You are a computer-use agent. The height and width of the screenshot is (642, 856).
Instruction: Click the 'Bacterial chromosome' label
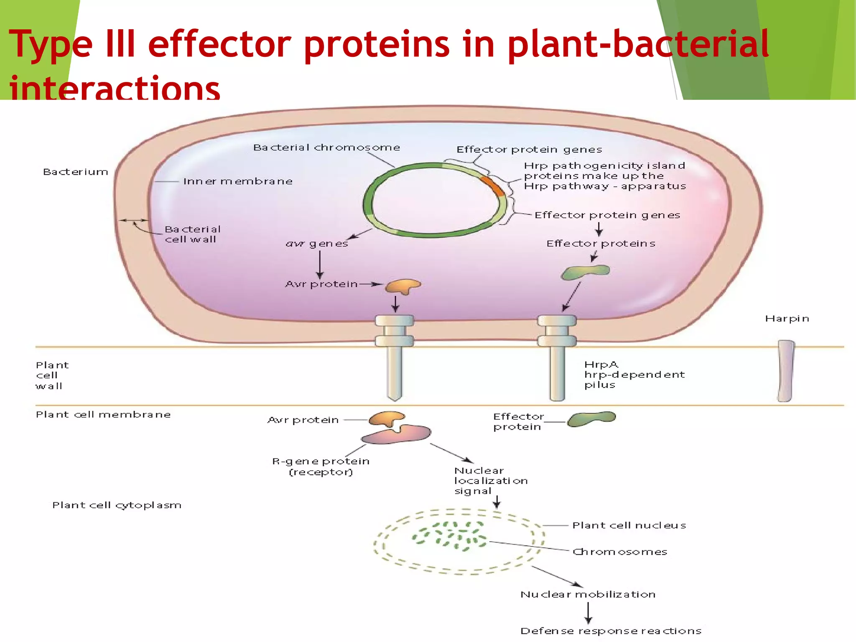(x=326, y=148)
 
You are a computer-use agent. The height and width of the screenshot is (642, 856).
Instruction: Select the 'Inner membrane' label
(x=238, y=181)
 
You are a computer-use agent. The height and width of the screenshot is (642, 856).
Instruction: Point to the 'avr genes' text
(x=317, y=243)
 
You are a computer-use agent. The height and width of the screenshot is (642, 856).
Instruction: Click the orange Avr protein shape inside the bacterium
(x=402, y=286)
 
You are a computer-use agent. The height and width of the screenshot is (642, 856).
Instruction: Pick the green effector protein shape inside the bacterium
(x=585, y=272)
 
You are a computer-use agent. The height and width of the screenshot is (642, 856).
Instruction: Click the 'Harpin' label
(x=787, y=318)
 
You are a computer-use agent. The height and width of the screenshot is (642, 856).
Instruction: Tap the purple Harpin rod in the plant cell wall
(x=785, y=371)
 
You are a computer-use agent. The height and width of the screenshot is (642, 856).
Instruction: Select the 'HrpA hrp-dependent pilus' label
(x=634, y=374)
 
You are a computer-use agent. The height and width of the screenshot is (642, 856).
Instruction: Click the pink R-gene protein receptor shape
(x=397, y=435)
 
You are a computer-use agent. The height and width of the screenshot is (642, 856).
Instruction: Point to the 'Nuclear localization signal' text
(x=491, y=481)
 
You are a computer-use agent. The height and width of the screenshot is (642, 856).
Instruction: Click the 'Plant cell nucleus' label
(x=629, y=525)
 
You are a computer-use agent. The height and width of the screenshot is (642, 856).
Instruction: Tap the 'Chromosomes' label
(x=620, y=552)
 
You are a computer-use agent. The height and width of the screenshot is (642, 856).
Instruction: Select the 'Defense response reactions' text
(x=611, y=631)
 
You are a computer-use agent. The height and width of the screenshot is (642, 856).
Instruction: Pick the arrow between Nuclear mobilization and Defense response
(x=588, y=613)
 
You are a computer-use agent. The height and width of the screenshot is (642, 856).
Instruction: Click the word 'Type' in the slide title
(x=50, y=44)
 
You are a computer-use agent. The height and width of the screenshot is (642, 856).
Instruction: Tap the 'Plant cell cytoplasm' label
(x=117, y=505)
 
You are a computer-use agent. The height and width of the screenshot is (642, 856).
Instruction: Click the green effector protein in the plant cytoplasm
(x=591, y=418)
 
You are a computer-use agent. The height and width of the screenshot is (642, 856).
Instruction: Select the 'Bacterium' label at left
(x=76, y=172)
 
